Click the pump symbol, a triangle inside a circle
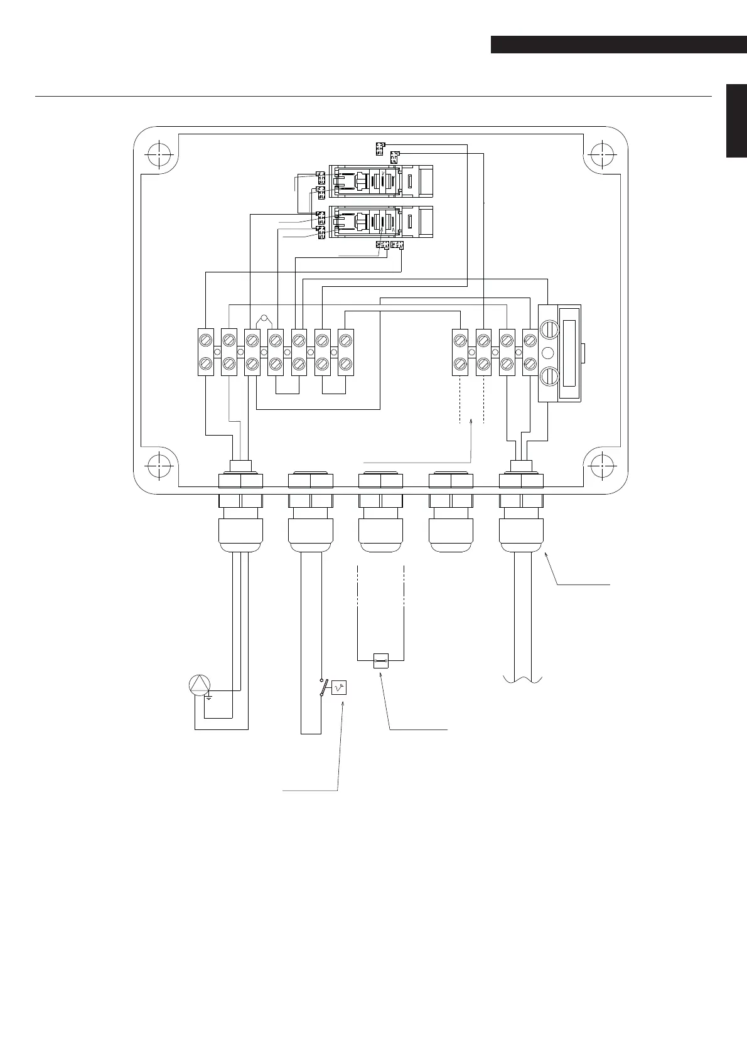pyautogui.click(x=199, y=685)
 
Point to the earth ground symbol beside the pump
pyautogui.click(x=209, y=698)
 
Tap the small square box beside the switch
pyautogui.click(x=339, y=688)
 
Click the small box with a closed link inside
pyautogui.click(x=380, y=660)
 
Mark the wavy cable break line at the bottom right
pyautogui.click(x=522, y=680)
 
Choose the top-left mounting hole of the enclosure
pyautogui.click(x=159, y=154)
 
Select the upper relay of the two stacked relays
pyautogui.click(x=382, y=181)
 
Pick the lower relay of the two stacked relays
pyautogui.click(x=382, y=222)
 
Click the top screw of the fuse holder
pyautogui.click(x=549, y=328)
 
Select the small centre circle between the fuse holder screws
pyautogui.click(x=549, y=352)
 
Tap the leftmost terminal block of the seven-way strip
pyautogui.click(x=206, y=351)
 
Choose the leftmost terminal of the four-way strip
pyautogui.click(x=460, y=351)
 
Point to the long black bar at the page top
pyautogui.click(x=618, y=45)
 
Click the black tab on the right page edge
pyautogui.click(x=736, y=121)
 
